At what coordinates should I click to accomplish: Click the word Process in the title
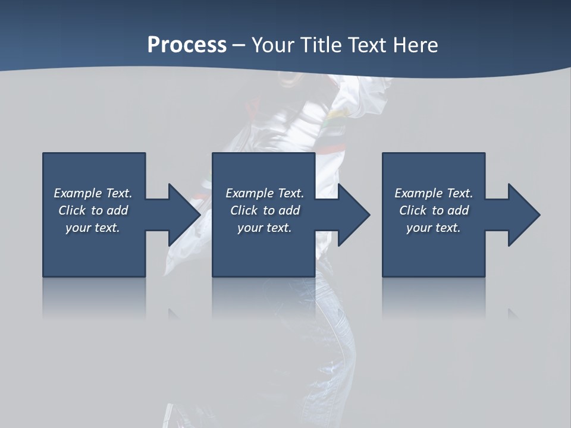pyautogui.click(x=187, y=45)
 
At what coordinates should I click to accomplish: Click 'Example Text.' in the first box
pyautogui.click(x=93, y=193)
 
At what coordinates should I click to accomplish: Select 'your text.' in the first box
pyautogui.click(x=93, y=228)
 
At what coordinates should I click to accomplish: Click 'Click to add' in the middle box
pyautogui.click(x=265, y=210)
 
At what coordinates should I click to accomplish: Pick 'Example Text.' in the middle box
pyautogui.click(x=265, y=193)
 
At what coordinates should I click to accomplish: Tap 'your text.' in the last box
pyautogui.click(x=434, y=228)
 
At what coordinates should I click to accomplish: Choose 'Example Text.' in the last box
pyautogui.click(x=434, y=193)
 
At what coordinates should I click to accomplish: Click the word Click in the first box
pyautogui.click(x=73, y=210)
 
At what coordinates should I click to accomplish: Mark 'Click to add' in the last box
pyautogui.click(x=434, y=210)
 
